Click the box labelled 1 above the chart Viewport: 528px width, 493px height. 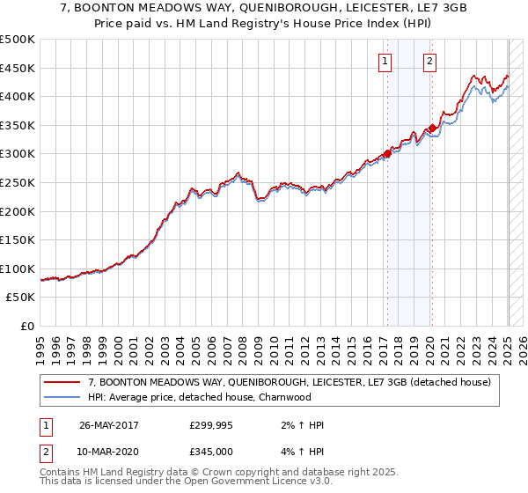(386, 61)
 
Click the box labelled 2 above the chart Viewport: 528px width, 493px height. (429, 61)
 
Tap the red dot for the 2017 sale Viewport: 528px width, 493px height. (387, 153)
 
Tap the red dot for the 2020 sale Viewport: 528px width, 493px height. (432, 128)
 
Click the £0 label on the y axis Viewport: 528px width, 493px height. (27, 326)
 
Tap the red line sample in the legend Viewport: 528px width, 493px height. (62, 382)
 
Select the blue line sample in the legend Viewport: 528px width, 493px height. (62, 397)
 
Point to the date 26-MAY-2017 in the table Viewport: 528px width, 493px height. (109, 425)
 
